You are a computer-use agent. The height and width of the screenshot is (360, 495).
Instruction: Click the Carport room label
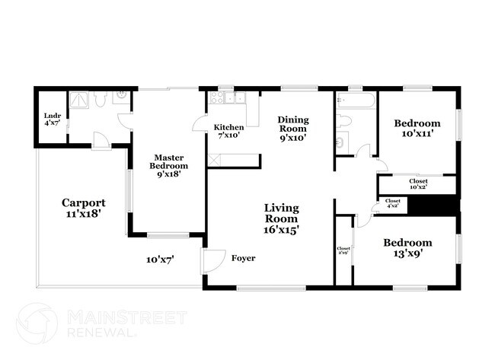84,209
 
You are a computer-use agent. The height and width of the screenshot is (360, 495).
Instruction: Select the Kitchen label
228,131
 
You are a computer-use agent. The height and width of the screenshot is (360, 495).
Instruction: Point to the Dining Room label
293,129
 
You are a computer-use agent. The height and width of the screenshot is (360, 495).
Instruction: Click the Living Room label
282,218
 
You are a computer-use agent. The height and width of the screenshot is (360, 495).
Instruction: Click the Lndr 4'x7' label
53,118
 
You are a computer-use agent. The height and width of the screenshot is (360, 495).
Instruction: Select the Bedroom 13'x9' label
407,247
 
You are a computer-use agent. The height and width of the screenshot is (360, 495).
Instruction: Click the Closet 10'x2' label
418,183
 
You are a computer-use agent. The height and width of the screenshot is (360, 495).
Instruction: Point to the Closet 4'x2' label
393,204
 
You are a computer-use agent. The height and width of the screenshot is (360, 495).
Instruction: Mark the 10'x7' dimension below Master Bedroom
161,260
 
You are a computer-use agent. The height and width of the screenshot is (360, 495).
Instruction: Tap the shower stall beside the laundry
78,99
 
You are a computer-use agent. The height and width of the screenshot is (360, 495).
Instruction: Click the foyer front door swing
210,260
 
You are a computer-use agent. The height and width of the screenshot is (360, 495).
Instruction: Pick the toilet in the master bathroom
101,99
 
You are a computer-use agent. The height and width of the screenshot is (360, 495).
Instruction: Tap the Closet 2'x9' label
343,251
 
